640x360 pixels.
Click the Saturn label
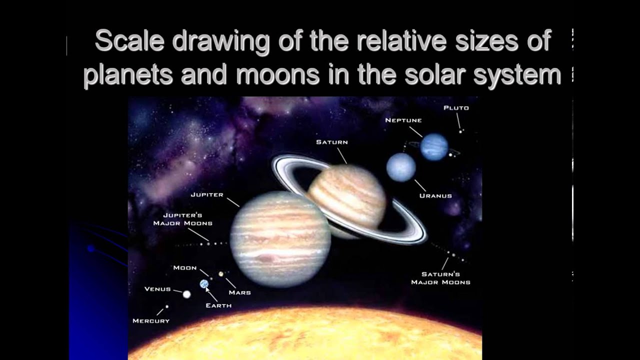[x=331, y=142]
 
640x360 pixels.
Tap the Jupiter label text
[x=207, y=194]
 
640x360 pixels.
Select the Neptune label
[x=403, y=120]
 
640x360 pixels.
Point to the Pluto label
[x=456, y=108]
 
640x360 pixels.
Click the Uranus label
[x=435, y=196]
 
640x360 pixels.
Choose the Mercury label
[x=151, y=321]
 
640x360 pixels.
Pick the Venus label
[x=157, y=289]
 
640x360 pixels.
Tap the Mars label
[x=239, y=292]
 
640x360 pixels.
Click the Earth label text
[x=218, y=305]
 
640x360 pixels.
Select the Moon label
[x=185, y=268]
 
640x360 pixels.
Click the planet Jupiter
[x=279, y=239]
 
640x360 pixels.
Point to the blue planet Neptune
[x=433, y=147]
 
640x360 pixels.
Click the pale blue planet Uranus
[x=401, y=167]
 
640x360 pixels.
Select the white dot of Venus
[x=186, y=294]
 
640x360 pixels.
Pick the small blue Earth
[x=203, y=284]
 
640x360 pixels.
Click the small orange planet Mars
[x=220, y=274]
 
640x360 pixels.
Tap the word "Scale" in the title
[x=129, y=41]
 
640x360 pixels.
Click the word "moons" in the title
[x=277, y=75]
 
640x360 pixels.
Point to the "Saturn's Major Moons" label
[x=440, y=278]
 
